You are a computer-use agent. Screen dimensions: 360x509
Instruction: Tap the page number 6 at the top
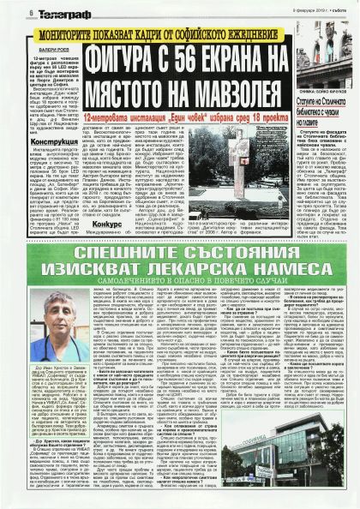click(x=8, y=12)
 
